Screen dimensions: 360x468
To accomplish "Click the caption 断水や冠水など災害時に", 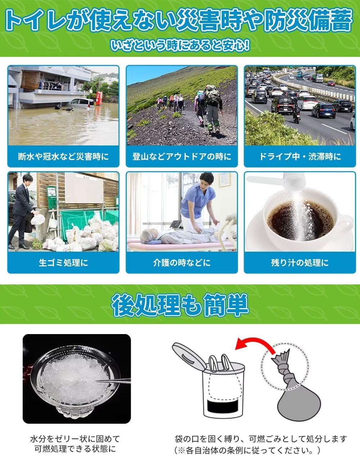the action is pos(63,156).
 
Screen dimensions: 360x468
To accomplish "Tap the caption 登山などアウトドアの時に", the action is pos(182,156).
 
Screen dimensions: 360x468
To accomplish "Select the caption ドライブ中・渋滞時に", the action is pos(300,156).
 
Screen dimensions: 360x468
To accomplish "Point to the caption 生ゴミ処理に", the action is pos(63,262).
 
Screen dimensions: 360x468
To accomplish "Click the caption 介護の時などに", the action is pos(182,262).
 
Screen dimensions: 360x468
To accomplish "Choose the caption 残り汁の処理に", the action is pos(300,262).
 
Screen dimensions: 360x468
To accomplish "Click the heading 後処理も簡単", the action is pos(180,305).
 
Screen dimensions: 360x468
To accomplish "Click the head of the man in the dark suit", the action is pos(27,179).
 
